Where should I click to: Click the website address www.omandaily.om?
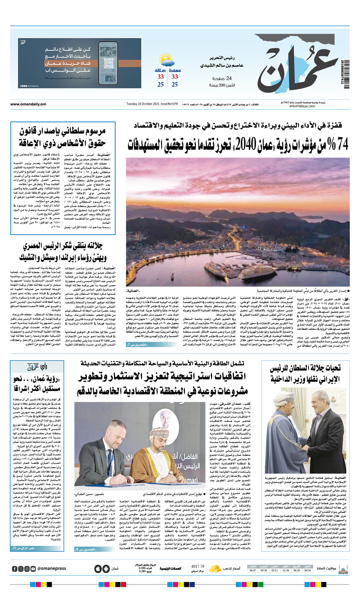coord(28,104)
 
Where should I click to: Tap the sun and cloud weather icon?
coord(166,62)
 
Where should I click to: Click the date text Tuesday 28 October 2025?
coord(144,104)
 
